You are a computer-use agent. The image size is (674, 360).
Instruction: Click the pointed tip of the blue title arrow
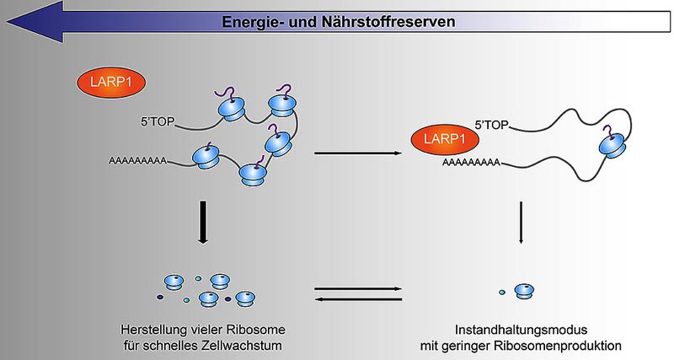pos(8,22)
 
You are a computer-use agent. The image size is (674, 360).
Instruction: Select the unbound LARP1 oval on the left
pos(111,82)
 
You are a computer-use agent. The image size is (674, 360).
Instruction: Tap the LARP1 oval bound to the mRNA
pos(445,139)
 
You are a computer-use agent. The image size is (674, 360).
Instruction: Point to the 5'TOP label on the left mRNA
pos(158,121)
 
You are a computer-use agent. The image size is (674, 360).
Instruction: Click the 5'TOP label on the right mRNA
pos(491,125)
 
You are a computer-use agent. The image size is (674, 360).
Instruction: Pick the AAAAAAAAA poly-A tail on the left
pos(137,161)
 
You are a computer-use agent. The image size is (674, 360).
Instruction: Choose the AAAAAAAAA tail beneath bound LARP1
pos(471,163)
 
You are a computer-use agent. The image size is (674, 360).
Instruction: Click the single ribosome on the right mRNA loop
pos(612,142)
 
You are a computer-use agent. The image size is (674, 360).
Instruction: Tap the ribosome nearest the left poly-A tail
pos(206,157)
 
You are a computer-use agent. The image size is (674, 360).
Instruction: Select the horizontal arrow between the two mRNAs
pos(357,153)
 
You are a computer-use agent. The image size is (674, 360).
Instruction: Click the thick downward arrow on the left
pos(203,222)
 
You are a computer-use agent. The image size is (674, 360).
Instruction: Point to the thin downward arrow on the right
pos(521,222)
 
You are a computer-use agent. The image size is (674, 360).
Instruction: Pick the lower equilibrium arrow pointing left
pos(359,299)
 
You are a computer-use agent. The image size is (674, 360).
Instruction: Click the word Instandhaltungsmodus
pos(521,330)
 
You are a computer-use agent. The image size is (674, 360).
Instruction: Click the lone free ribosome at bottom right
pos(524,291)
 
